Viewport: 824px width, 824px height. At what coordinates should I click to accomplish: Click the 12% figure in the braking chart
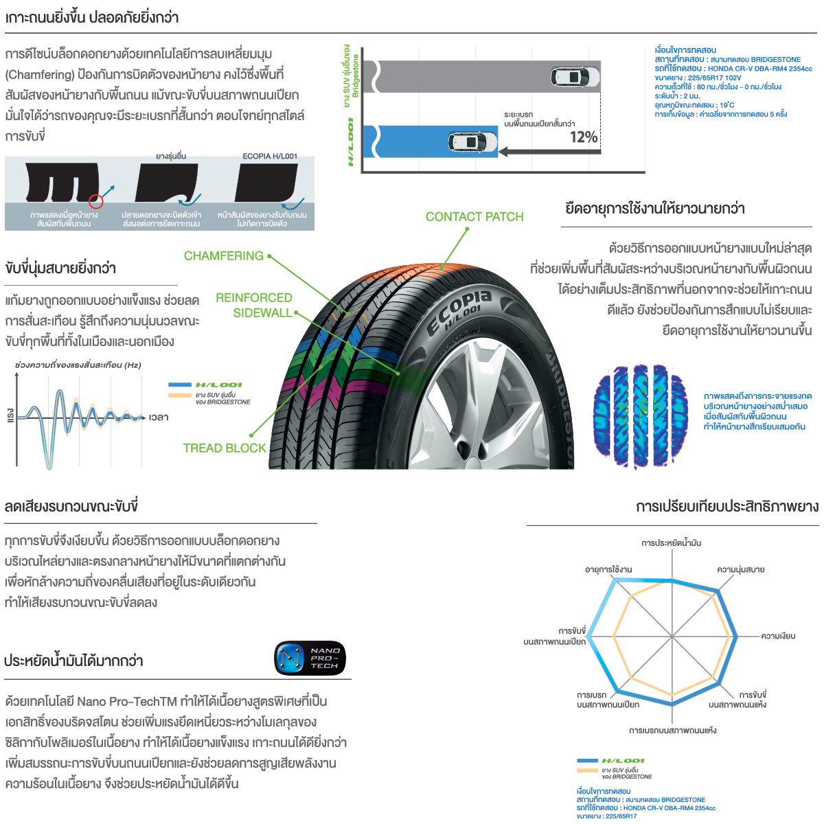[x=584, y=137]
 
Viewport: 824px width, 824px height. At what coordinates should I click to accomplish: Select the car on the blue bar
[x=472, y=142]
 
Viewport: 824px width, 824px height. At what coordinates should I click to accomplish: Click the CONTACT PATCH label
[x=474, y=217]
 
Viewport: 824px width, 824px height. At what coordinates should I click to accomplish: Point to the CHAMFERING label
[x=224, y=256]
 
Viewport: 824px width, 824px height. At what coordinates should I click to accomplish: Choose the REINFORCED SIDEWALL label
[x=254, y=306]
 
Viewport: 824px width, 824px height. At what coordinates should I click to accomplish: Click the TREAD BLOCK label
[x=225, y=448]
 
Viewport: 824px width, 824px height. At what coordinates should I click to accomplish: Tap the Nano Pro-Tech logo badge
[x=310, y=659]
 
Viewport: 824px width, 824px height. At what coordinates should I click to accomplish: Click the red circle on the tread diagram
[x=95, y=201]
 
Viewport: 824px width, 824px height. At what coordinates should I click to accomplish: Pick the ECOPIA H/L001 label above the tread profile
[x=270, y=157]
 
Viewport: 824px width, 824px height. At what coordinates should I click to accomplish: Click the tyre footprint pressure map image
[x=640, y=416]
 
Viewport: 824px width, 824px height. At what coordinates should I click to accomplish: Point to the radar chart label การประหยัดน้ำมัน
[x=671, y=543]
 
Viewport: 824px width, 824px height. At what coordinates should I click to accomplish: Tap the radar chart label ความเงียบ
[x=778, y=637]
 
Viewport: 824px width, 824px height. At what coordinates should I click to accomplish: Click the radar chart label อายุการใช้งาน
[x=608, y=570]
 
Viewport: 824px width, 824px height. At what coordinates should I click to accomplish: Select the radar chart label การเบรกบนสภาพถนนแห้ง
[x=672, y=730]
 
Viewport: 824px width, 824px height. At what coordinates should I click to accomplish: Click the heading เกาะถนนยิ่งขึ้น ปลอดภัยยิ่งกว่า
[x=92, y=18]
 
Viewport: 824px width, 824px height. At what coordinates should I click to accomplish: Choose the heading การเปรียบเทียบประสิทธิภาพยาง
[x=727, y=507]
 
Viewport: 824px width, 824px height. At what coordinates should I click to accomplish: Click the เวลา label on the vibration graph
[x=159, y=417]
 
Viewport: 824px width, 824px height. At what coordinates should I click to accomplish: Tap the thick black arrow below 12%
[x=549, y=152]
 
